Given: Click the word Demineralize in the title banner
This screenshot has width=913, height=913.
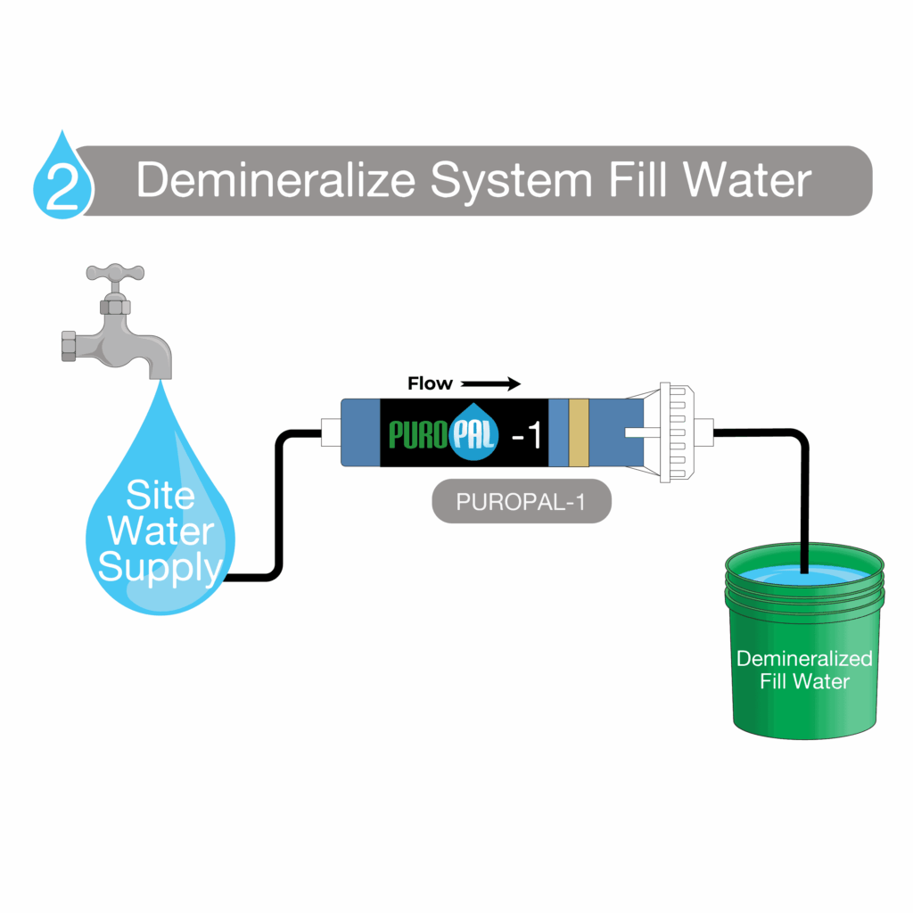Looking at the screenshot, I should [275, 181].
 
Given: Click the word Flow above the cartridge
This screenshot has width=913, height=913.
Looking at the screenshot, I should [430, 383].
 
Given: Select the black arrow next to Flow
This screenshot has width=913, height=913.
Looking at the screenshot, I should [490, 384].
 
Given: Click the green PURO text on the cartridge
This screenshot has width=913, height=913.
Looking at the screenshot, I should [419, 434].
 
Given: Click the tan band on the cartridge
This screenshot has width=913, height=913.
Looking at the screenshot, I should [579, 432].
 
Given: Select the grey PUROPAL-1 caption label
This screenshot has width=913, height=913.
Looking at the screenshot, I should [521, 501].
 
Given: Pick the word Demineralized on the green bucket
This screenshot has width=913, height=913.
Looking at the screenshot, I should [803, 659].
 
